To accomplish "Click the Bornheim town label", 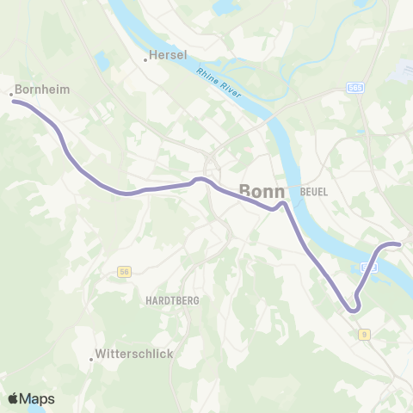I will click(42, 88).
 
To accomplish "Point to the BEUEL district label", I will click(315, 191).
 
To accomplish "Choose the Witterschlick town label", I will click(134, 354).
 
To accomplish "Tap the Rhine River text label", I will click(221, 83).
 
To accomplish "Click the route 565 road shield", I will click(355, 88).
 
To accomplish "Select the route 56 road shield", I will click(126, 271).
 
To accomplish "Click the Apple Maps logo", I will click(31, 398).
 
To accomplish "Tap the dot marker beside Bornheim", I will click(11, 94).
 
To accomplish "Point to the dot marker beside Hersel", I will click(145, 59).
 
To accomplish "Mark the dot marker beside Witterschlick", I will click(91, 360).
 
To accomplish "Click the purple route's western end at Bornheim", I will click(13, 102).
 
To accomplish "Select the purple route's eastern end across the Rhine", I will click(399, 244).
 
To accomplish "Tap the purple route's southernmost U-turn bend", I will click(352, 309).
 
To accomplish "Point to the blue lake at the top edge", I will click(225, 8).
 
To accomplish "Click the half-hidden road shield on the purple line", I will click(368, 268).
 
